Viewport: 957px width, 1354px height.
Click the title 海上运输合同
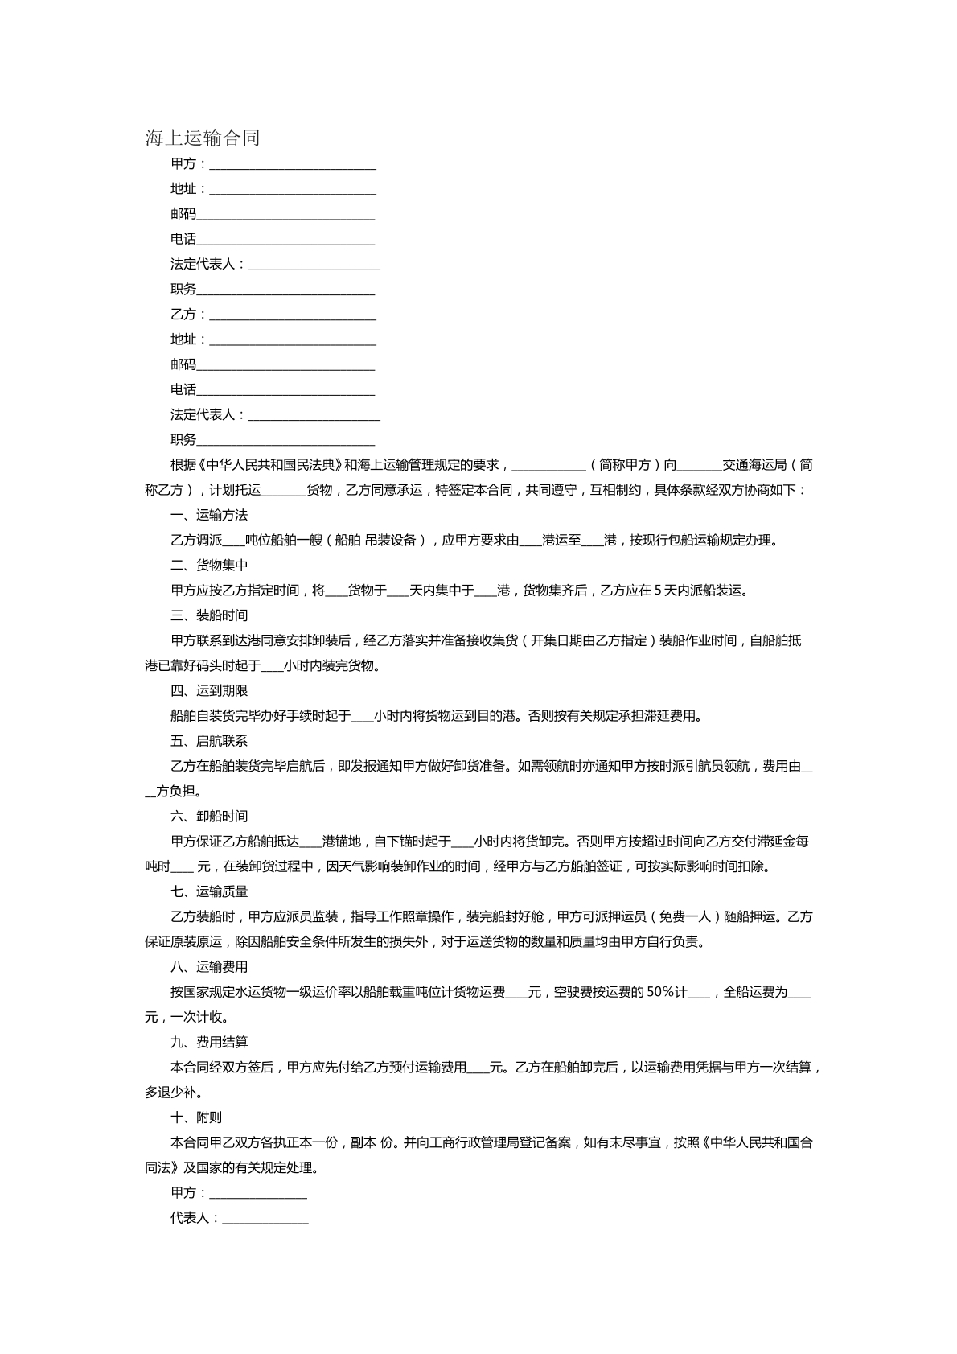(203, 138)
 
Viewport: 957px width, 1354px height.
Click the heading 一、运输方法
(209, 515)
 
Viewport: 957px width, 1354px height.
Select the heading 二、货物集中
(209, 566)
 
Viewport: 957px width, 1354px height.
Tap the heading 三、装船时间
(209, 615)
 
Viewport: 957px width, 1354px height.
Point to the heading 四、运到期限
(209, 690)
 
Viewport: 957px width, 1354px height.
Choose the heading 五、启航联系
(209, 741)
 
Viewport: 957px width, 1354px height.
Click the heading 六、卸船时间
(209, 816)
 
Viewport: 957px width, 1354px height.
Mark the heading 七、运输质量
(209, 891)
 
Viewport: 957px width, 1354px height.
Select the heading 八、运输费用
(209, 966)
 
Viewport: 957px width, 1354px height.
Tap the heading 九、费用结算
(209, 1042)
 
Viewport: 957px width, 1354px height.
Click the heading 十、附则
(196, 1117)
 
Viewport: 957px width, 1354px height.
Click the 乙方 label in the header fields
(183, 315)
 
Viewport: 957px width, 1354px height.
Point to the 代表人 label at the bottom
(190, 1218)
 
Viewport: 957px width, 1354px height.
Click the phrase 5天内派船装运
(700, 591)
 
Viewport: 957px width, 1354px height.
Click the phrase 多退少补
(172, 1093)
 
